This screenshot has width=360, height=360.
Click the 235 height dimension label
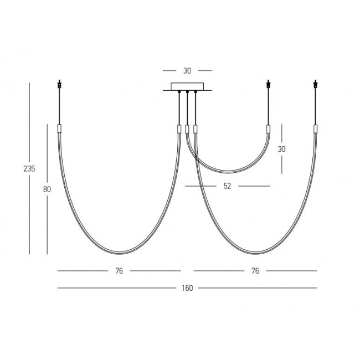(29, 169)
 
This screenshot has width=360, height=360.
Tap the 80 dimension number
(47, 189)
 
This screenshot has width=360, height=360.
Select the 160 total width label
(187, 288)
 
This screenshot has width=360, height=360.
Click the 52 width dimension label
(227, 186)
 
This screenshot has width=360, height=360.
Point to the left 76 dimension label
(119, 271)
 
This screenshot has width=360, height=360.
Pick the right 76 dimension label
(255, 271)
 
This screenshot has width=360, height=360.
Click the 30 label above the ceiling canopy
(187, 71)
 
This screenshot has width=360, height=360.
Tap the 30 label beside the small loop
(281, 149)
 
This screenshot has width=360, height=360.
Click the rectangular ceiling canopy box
(187, 86)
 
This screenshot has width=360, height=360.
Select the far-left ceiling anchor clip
(59, 84)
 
